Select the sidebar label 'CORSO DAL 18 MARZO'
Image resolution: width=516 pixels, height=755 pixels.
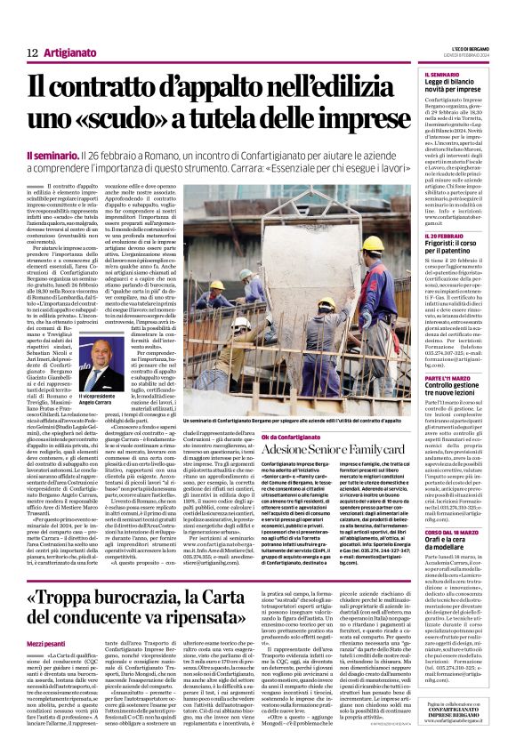pyautogui.click(x=449, y=507)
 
